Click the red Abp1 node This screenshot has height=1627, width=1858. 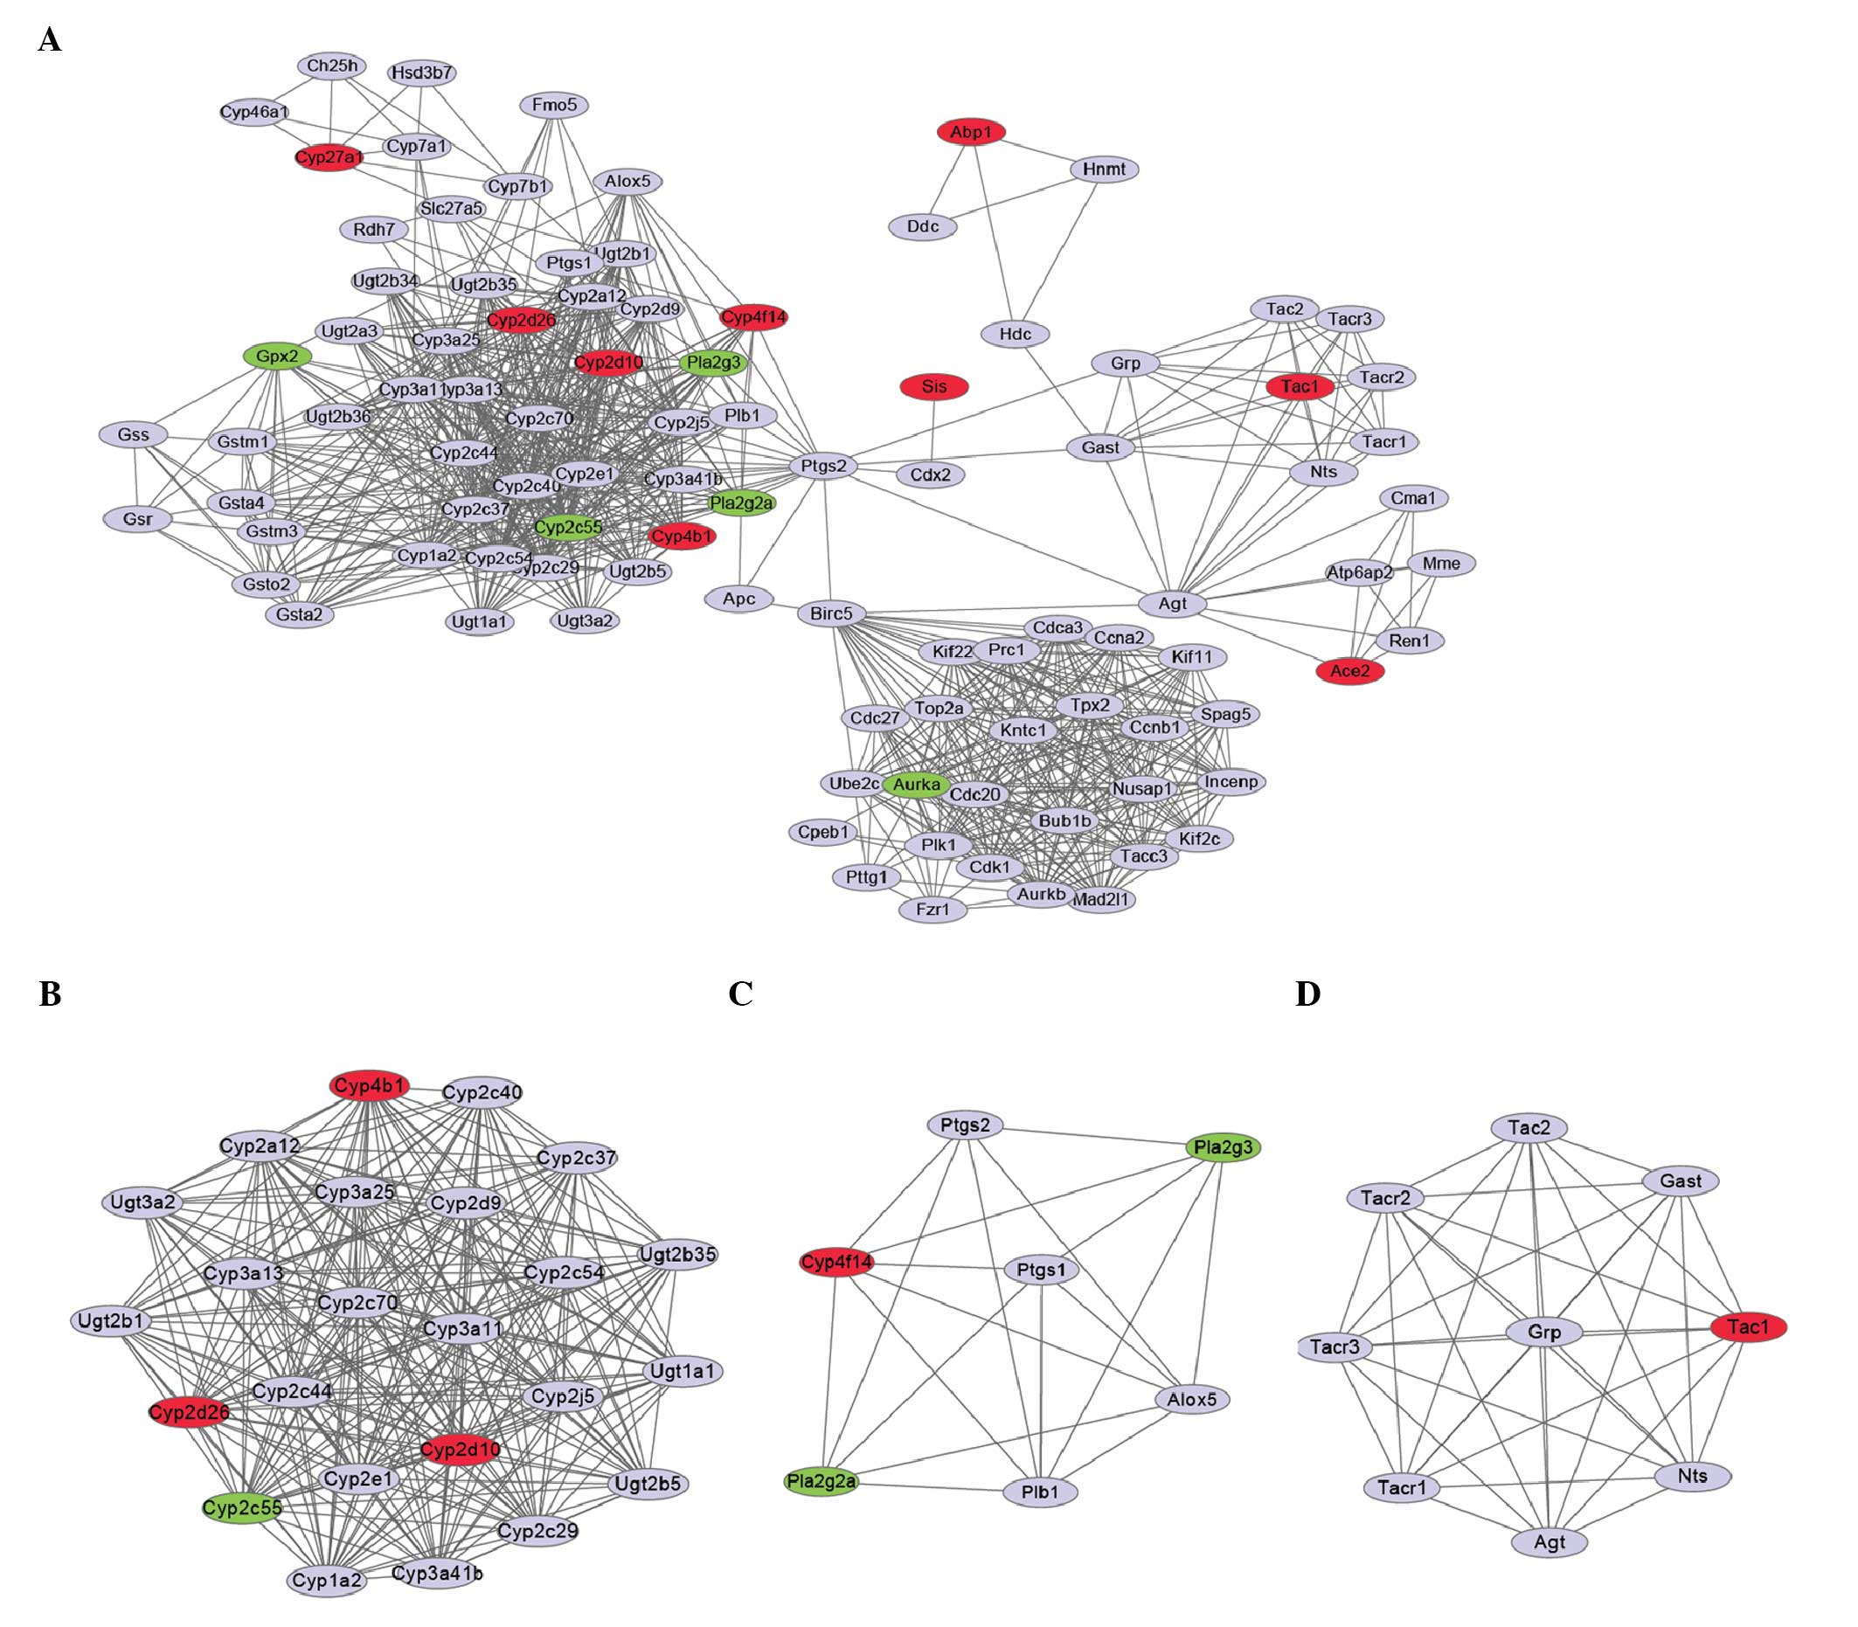[x=971, y=133]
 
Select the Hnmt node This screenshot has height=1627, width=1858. [x=1104, y=169]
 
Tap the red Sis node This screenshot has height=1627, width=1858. [x=933, y=387]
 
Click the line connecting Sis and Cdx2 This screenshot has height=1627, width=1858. [x=933, y=431]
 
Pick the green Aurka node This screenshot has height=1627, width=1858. [x=916, y=785]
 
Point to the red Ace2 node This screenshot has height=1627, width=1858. [x=1349, y=671]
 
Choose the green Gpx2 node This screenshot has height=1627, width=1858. [x=277, y=356]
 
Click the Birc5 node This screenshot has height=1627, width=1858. [x=831, y=613]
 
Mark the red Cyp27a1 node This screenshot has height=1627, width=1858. [x=329, y=157]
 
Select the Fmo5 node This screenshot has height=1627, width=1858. [x=554, y=106]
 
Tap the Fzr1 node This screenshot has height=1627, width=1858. [x=932, y=909]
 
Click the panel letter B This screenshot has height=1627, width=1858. [x=50, y=995]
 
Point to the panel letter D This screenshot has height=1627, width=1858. [x=1307, y=995]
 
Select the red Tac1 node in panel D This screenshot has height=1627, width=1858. [x=1748, y=1327]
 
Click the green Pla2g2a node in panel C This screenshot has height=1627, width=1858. [x=821, y=1482]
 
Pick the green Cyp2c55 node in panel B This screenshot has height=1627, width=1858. [x=241, y=1508]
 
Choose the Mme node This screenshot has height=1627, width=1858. [x=1441, y=563]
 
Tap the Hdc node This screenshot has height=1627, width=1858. [x=1015, y=334]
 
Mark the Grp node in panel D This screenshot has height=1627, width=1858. [x=1543, y=1332]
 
